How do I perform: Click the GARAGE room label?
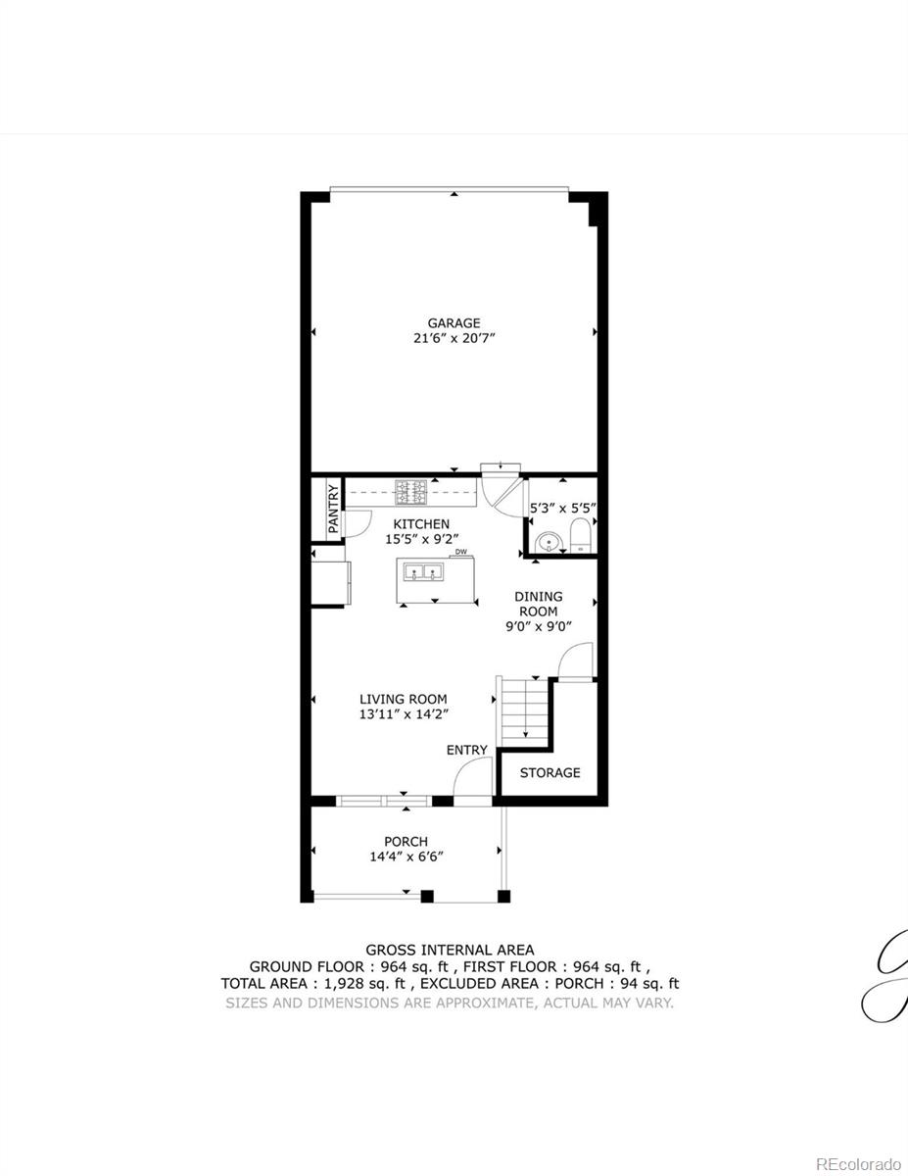click(x=453, y=322)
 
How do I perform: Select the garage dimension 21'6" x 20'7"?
click(x=453, y=338)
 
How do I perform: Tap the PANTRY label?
click(x=333, y=509)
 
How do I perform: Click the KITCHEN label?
click(x=421, y=524)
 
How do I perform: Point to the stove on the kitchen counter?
click(x=409, y=489)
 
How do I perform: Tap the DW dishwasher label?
click(x=460, y=552)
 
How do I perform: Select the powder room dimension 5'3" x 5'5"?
click(x=563, y=509)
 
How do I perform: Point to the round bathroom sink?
click(x=550, y=541)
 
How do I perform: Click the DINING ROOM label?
click(x=539, y=604)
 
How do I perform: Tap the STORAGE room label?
click(x=550, y=772)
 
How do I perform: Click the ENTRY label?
click(x=466, y=750)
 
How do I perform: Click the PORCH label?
click(x=406, y=841)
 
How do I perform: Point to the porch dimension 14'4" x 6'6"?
click(x=406, y=857)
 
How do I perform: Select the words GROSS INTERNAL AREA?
click(x=450, y=949)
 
